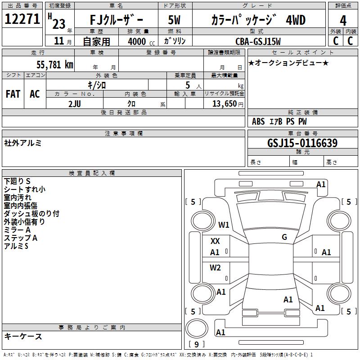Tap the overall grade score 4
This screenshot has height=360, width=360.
(x=343, y=20)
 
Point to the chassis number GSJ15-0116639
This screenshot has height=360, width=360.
(x=302, y=143)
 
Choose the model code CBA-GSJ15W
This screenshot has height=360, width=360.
(x=258, y=41)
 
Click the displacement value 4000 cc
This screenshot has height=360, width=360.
(x=137, y=42)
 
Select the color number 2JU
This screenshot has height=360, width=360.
(x=75, y=103)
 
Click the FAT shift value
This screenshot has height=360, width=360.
(x=13, y=94)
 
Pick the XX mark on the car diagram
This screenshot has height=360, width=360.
(x=215, y=241)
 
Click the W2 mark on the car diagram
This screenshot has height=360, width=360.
(x=216, y=268)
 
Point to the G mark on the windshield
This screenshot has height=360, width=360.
(x=284, y=237)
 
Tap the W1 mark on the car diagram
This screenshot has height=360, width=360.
(x=224, y=225)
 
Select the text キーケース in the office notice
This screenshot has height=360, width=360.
(x=23, y=336)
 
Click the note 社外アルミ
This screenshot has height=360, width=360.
(x=23, y=143)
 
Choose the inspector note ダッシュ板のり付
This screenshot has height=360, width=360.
(x=31, y=214)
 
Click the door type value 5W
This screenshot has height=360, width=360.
(x=174, y=20)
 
